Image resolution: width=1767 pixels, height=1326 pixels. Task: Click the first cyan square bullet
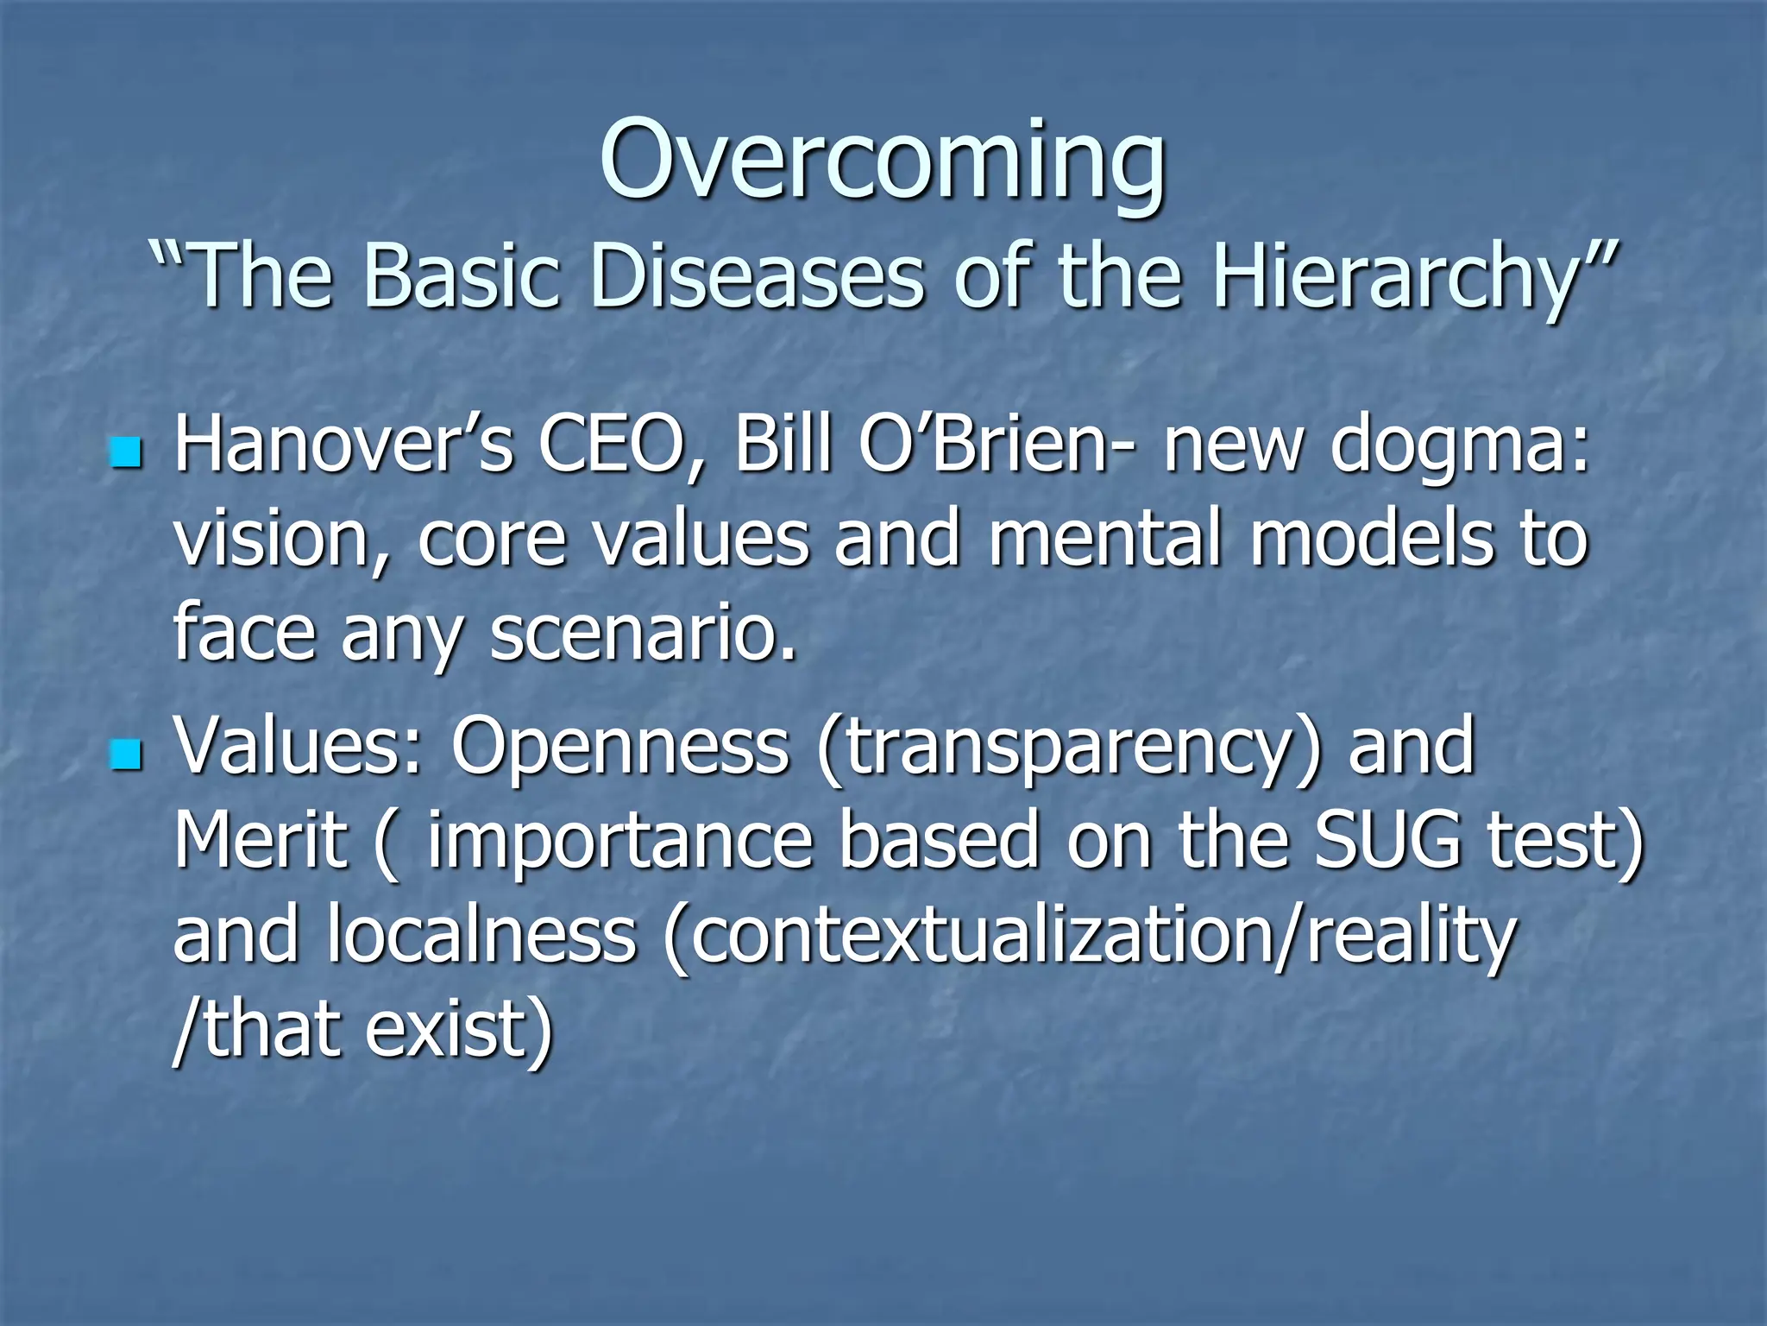tap(126, 452)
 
